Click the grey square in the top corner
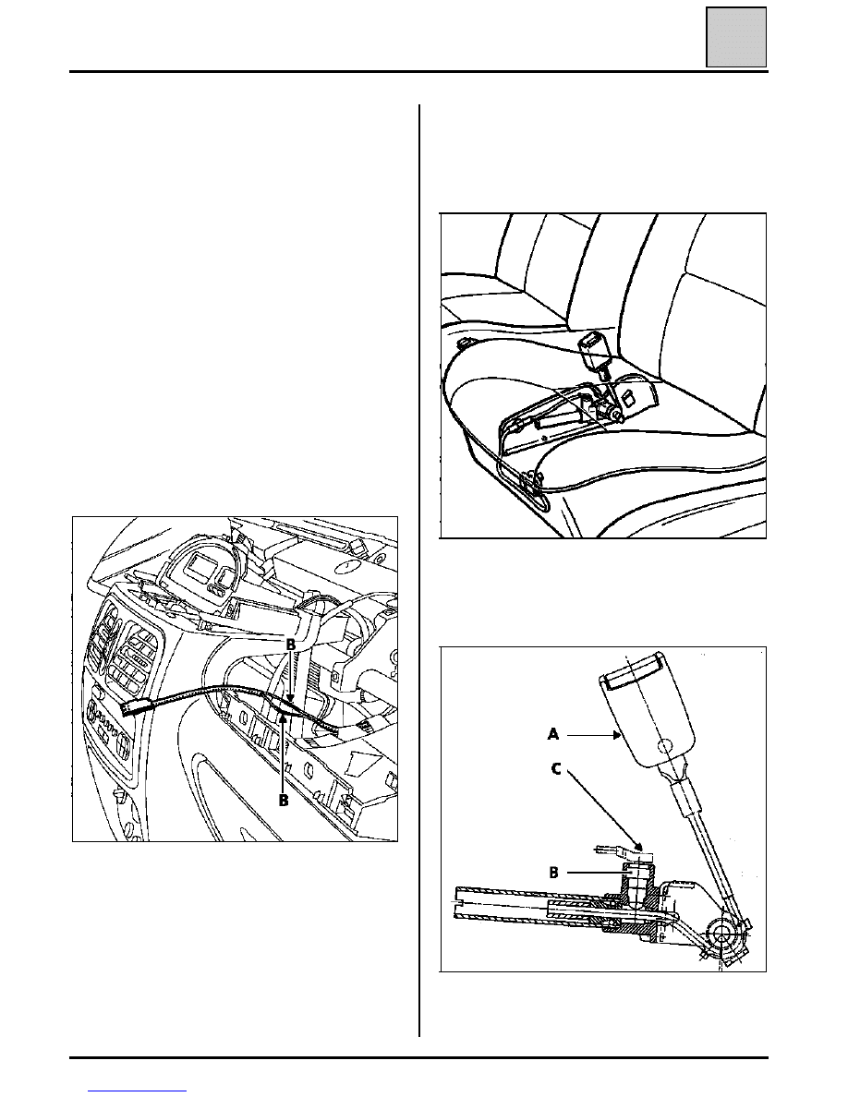click(x=736, y=37)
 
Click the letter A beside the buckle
click(x=553, y=735)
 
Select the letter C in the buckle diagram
click(x=556, y=768)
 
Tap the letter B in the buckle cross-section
click(x=554, y=873)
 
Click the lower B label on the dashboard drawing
click(x=284, y=800)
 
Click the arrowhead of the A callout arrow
click(x=617, y=735)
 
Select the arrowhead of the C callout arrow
click(x=638, y=846)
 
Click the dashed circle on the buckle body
click(x=665, y=746)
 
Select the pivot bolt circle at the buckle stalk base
click(x=721, y=933)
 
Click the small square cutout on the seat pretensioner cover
click(x=628, y=398)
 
